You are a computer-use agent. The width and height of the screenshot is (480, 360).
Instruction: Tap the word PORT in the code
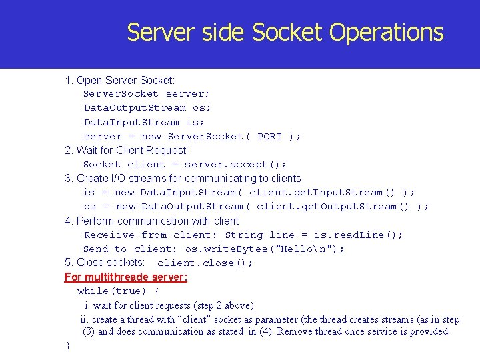pyautogui.click(x=269, y=136)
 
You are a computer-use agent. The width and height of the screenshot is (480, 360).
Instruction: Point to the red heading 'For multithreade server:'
pyautogui.click(x=126, y=277)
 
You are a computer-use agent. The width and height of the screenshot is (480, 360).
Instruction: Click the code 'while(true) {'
pyautogui.click(x=118, y=291)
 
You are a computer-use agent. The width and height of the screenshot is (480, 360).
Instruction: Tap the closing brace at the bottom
pyautogui.click(x=67, y=345)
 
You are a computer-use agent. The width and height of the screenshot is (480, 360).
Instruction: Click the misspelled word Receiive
pyautogui.click(x=109, y=235)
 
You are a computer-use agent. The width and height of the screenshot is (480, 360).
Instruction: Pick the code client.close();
pyautogui.click(x=205, y=263)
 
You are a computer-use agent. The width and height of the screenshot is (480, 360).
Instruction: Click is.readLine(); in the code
pyautogui.click(x=358, y=235)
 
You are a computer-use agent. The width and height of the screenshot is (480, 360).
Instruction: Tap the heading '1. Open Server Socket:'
pyautogui.click(x=120, y=81)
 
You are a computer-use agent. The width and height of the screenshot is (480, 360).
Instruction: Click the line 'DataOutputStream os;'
pyautogui.click(x=147, y=108)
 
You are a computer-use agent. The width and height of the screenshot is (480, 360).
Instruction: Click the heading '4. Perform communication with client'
pyautogui.click(x=151, y=221)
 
